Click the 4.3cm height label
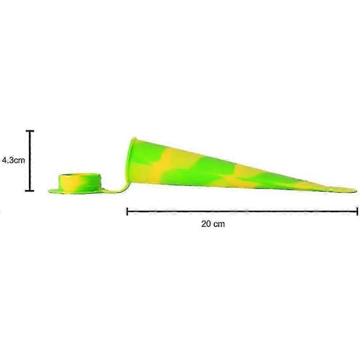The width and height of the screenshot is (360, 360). click(13, 160)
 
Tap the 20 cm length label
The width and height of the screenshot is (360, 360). click(213, 224)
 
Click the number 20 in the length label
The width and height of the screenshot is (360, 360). click(206, 224)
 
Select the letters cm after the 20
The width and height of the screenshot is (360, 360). click(220, 224)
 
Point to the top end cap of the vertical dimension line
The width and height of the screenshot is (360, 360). click(30, 131)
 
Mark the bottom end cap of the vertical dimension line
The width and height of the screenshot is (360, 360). click(29, 191)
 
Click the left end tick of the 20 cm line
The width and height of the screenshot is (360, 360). click(127, 211)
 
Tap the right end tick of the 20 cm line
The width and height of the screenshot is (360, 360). click(357, 211)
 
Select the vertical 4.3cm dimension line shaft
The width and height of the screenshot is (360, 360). click(30, 161)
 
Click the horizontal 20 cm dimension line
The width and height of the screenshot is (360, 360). click(242, 211)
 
